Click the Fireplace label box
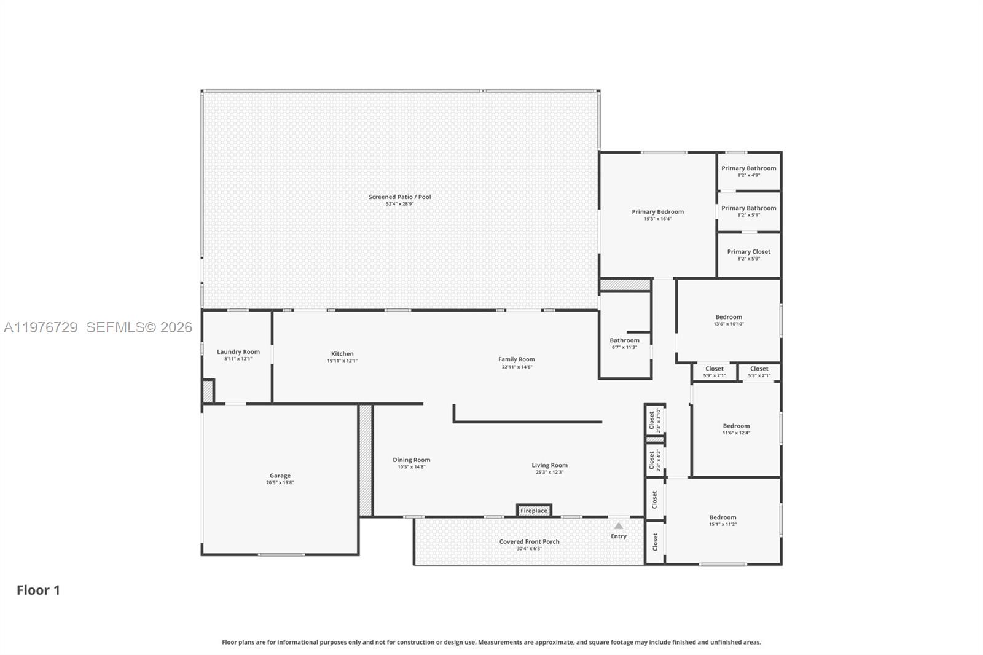pos(533,511)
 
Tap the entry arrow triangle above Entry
pos(619,526)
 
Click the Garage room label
pos(280,476)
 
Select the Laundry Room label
pos(238,352)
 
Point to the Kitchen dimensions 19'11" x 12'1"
pos(342,361)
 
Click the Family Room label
pos(516,359)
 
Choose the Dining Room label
pos(412,460)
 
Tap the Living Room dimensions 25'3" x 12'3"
pos(549,472)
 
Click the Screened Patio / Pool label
pos(400,197)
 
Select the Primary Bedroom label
pos(657,212)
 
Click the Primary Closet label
pos(748,252)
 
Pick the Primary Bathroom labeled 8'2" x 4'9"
pos(748,168)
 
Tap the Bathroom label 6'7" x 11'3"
pos(624,340)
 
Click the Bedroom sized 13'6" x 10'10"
pos(729,317)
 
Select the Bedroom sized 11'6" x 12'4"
pos(736,426)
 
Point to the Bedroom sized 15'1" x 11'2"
pos(723,517)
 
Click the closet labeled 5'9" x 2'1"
pos(715,369)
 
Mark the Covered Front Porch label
pos(529,542)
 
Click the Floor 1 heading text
pos(38,590)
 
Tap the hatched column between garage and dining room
pos(366,460)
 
